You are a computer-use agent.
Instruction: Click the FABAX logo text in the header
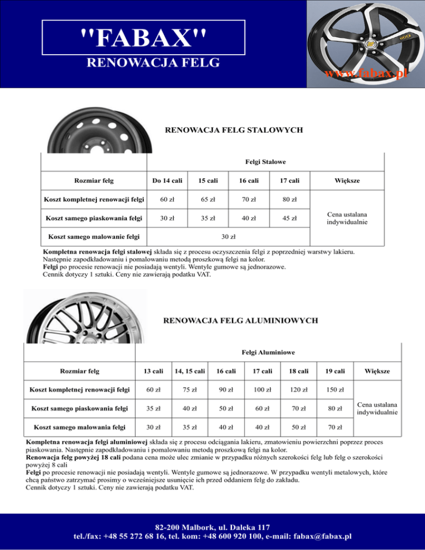(143, 38)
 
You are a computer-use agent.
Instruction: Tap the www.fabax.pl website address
(366, 74)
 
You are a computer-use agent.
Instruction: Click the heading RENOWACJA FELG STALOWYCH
(234, 131)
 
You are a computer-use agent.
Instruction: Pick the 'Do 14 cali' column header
(167, 180)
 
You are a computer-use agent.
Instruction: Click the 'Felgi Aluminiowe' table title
(268, 352)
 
